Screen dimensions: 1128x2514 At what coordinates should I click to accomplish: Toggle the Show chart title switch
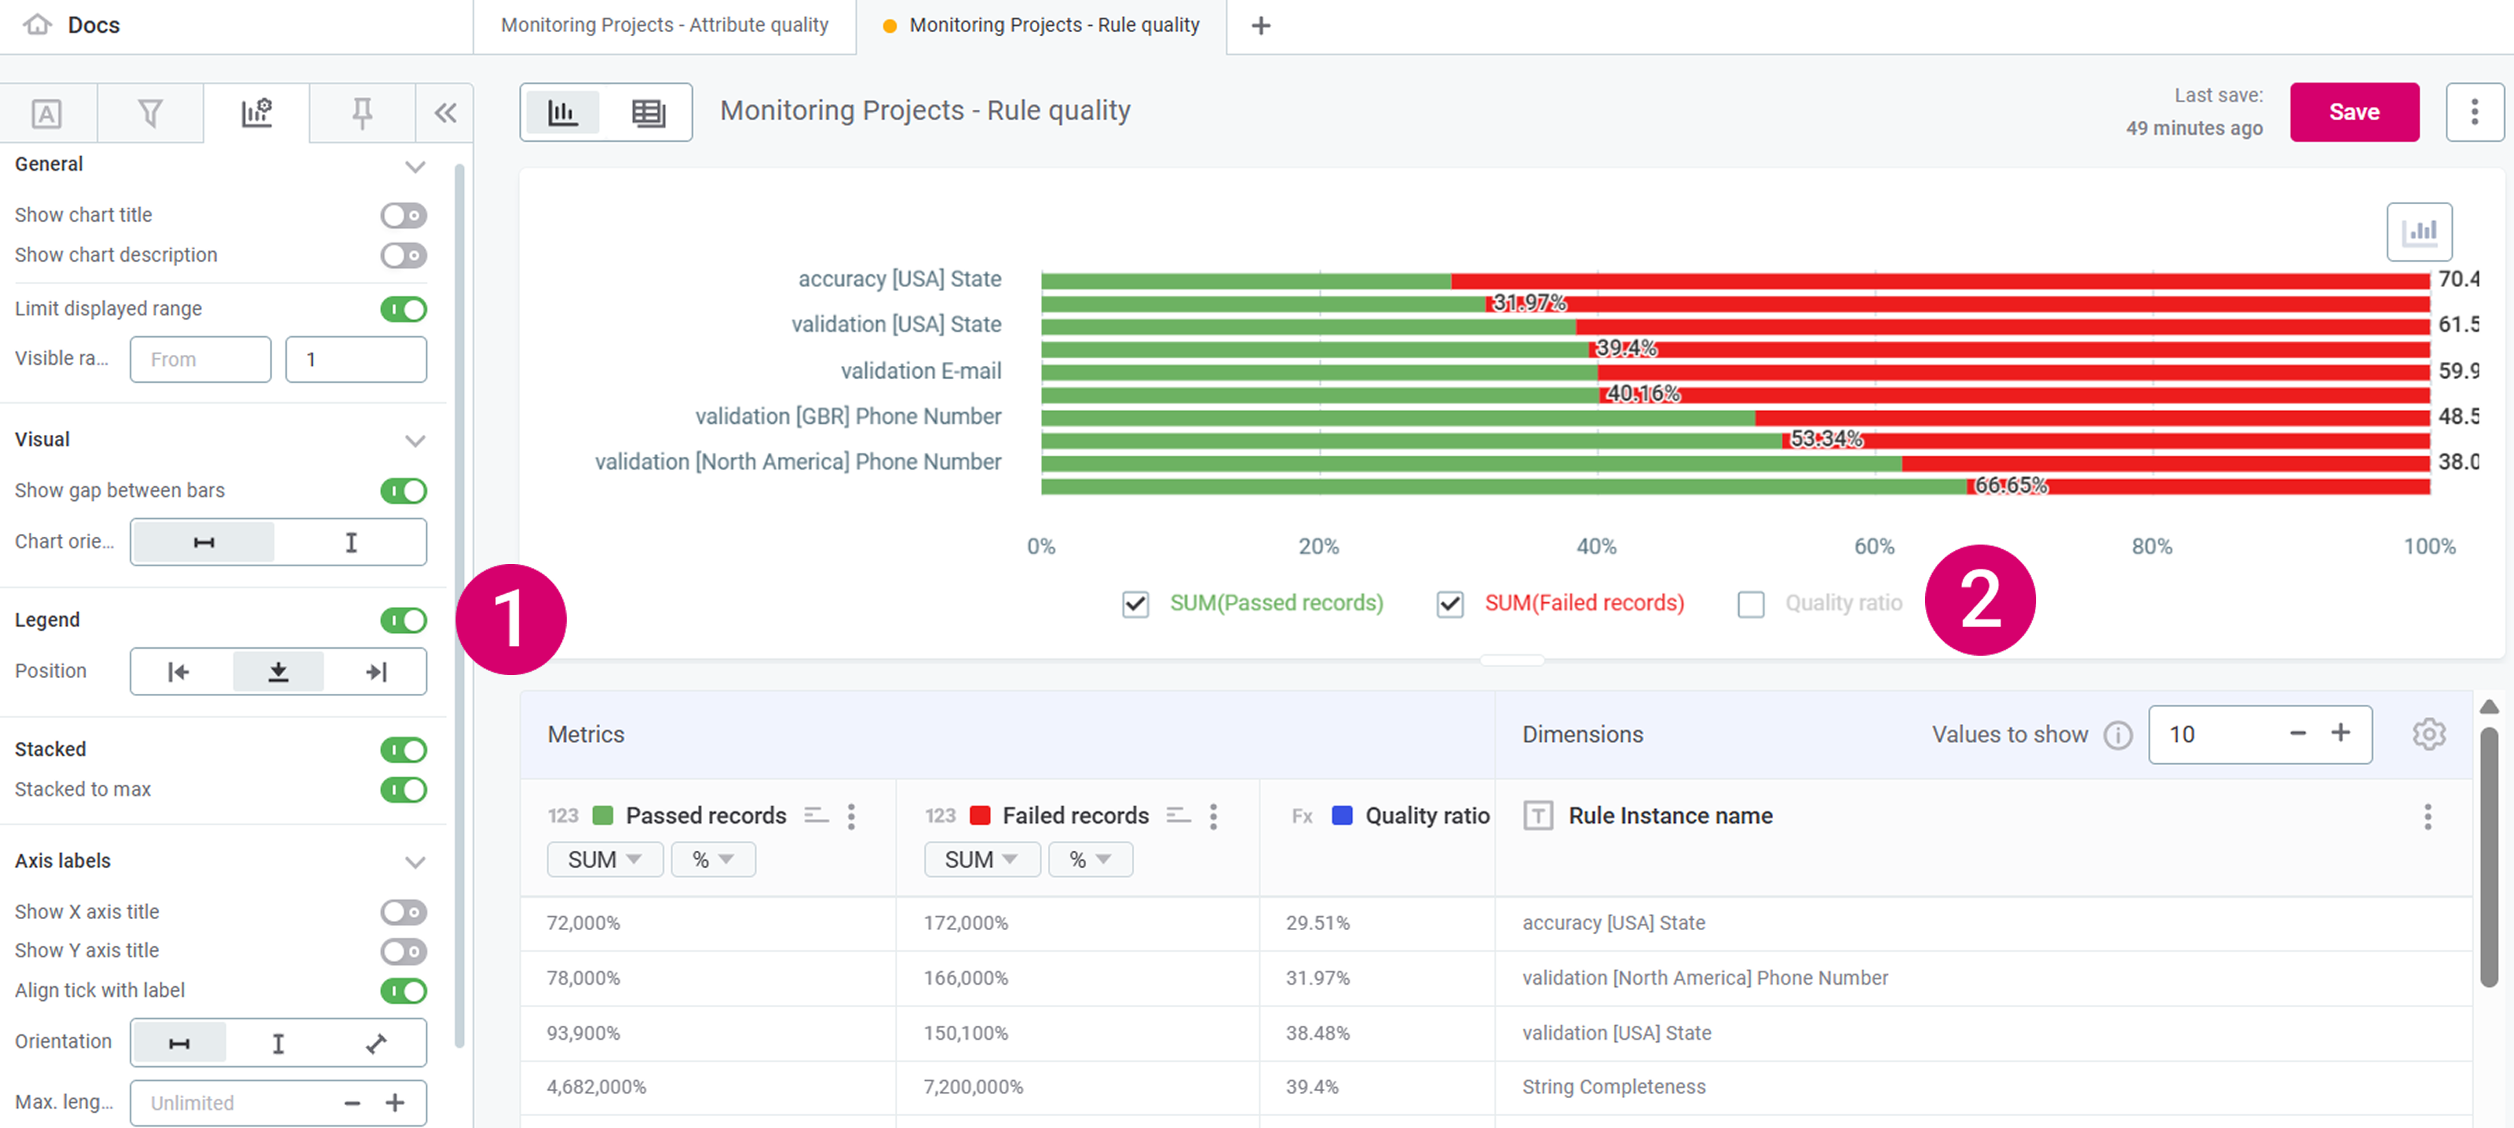[403, 215]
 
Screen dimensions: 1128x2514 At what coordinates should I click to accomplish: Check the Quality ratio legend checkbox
[1751, 604]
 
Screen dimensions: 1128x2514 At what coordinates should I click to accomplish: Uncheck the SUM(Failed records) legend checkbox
[1450, 604]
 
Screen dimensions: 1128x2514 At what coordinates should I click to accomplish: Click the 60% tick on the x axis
[1874, 547]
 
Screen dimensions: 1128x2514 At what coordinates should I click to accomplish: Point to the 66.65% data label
[2011, 485]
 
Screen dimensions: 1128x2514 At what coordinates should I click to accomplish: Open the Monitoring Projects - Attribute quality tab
[665, 26]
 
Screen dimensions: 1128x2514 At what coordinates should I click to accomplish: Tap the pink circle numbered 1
[510, 620]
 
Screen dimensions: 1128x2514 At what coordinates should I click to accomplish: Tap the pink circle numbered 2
[1979, 600]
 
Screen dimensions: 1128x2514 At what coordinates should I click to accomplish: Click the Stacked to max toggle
[403, 790]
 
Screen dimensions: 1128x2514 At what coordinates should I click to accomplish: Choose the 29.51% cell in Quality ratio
[1317, 923]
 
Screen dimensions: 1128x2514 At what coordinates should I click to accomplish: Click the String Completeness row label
[1613, 1087]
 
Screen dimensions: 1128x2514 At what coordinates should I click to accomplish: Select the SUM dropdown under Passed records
[604, 860]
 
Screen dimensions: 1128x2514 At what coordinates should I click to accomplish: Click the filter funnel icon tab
[150, 113]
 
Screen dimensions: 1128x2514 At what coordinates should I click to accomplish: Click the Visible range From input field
[200, 359]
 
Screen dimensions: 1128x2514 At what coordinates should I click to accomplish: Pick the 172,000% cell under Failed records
[965, 923]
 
